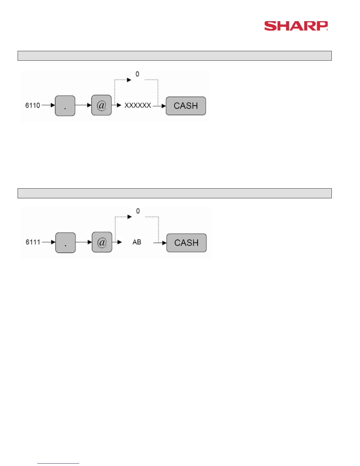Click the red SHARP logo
tap(296, 26)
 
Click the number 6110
tap(33, 105)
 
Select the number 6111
tap(33, 242)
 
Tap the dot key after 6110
tap(65, 106)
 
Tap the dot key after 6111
tap(66, 243)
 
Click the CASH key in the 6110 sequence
tap(186, 106)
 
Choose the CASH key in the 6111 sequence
tap(186, 243)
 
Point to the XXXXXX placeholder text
tap(138, 105)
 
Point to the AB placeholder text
tap(137, 242)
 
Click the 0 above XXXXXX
tap(137, 74)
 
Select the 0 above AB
tap(138, 211)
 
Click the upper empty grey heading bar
tap(174, 56)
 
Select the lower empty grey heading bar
tap(174, 193)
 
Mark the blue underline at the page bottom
tap(58, 463)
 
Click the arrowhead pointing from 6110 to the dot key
tap(53, 105)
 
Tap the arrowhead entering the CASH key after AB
tap(164, 243)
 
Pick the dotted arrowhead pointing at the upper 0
tap(129, 80)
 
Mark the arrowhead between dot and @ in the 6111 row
tap(90, 242)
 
